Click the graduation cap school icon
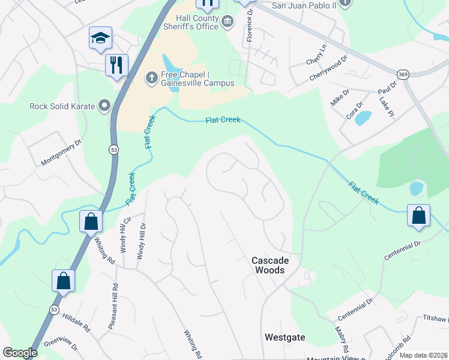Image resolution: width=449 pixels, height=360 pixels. (100, 38)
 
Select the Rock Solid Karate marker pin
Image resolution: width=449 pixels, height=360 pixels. (104, 107)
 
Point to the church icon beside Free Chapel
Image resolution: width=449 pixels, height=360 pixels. (152, 77)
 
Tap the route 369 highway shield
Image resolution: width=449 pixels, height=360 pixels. (403, 74)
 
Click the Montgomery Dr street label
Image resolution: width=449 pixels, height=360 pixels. (61, 154)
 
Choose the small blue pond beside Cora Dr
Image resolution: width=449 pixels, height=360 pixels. (363, 118)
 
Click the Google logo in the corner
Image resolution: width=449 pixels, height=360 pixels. (20, 353)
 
